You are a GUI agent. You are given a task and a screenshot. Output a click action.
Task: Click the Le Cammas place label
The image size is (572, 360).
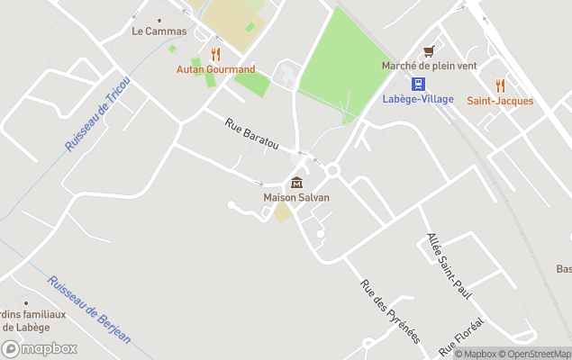159,31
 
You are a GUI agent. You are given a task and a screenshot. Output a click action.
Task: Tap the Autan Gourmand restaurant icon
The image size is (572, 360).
214,55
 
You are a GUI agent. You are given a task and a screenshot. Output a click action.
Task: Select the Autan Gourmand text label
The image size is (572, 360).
215,69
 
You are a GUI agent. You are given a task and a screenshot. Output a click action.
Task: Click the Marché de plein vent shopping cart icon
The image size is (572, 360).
430,51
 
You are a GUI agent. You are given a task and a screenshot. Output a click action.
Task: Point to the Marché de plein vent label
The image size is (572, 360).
429,66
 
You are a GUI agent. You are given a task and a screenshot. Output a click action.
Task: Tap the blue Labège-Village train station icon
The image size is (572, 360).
418,84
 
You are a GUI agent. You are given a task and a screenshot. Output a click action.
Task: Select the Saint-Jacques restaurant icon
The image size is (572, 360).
500,86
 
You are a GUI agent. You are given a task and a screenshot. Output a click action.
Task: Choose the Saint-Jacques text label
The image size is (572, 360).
500,101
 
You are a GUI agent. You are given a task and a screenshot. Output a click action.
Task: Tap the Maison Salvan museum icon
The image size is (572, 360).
296,184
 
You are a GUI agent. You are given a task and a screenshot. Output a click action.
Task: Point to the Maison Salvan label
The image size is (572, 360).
296,198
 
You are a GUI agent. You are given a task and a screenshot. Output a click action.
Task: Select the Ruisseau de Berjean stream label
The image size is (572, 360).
89,310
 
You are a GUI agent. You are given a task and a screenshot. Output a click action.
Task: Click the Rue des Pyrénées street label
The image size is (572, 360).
390,311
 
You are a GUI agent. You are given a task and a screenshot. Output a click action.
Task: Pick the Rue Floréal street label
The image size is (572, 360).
461,337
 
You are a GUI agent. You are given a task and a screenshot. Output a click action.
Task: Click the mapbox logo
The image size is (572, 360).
40,348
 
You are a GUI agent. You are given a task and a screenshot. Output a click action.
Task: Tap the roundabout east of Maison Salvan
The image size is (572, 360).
332,169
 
